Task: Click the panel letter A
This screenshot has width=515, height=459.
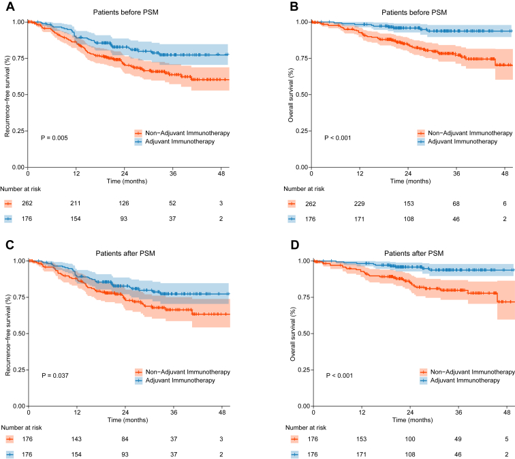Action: point(10,6)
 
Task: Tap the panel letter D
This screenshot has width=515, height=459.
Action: point(295,245)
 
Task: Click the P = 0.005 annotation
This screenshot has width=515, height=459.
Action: point(54,138)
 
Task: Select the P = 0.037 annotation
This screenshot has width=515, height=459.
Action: point(55,376)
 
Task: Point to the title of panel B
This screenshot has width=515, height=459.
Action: point(414,12)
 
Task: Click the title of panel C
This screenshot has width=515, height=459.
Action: point(125,253)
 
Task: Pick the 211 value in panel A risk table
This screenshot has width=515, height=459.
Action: point(75,203)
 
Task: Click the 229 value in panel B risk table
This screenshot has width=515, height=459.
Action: point(359,204)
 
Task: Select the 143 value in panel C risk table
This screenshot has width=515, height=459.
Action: point(76,439)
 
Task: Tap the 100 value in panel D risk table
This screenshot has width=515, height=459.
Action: point(410,439)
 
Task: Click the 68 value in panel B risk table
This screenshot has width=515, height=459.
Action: point(456,204)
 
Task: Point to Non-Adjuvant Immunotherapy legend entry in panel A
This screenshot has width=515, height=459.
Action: point(183,133)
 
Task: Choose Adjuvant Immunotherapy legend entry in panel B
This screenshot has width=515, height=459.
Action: point(458,142)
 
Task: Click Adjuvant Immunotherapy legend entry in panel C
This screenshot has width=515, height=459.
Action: point(175,381)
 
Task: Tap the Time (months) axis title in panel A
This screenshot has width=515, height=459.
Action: point(127,181)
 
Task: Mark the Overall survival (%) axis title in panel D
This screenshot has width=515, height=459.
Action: point(293,334)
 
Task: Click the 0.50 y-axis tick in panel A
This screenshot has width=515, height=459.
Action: point(18,95)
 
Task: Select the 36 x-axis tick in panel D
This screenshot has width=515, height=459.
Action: point(458,413)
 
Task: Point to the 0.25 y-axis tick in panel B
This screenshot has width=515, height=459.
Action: point(302,131)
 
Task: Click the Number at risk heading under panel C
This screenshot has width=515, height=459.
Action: point(21,428)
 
